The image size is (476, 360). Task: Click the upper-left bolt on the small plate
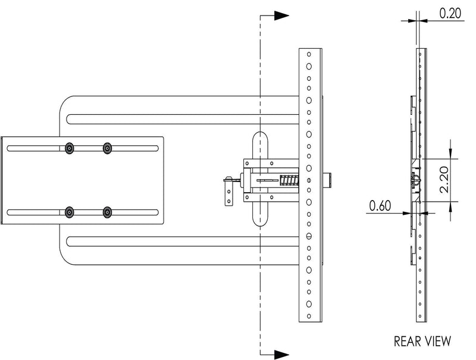(70, 148)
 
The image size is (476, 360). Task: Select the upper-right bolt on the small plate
(108, 148)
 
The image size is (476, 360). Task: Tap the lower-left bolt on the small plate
(70, 212)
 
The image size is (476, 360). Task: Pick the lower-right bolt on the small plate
(108, 212)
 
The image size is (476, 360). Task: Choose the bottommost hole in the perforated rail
(309, 313)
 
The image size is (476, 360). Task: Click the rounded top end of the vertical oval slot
(260, 138)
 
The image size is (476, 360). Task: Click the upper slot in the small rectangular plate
(83, 148)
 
